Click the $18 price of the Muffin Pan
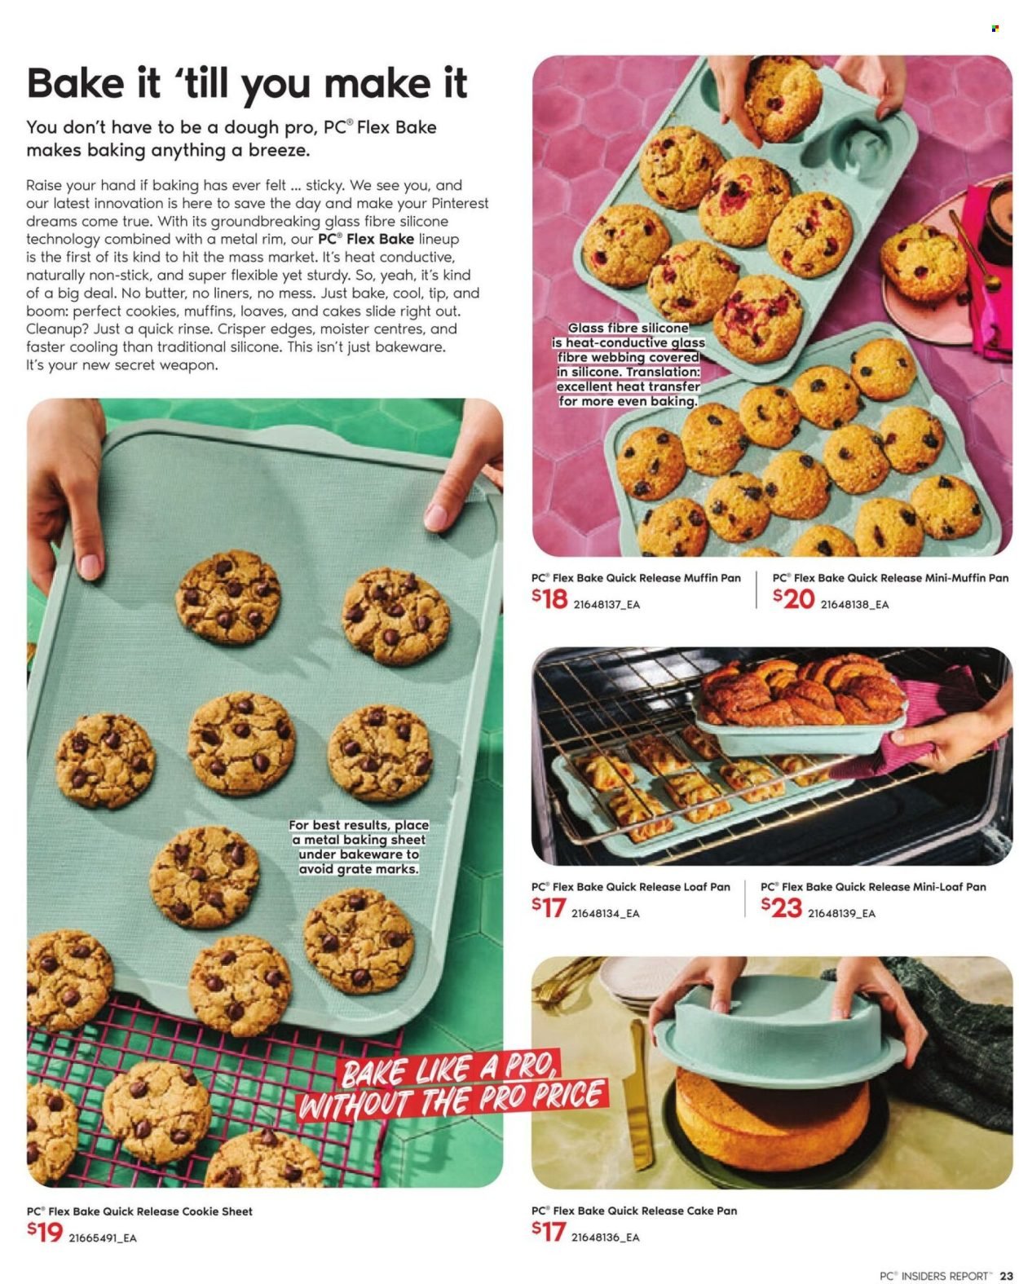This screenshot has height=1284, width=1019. click(549, 599)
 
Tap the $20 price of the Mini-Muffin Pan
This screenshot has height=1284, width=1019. click(793, 599)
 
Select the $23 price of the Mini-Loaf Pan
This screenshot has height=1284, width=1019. click(781, 907)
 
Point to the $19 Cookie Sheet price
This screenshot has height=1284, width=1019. click(45, 1231)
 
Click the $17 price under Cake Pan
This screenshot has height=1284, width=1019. click(549, 1231)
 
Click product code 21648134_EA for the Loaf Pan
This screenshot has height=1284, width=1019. click(605, 913)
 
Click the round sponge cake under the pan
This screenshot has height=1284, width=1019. click(772, 1109)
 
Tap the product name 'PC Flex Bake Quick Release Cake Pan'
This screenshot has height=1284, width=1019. click(633, 1211)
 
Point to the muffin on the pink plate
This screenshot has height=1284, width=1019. click(924, 261)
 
